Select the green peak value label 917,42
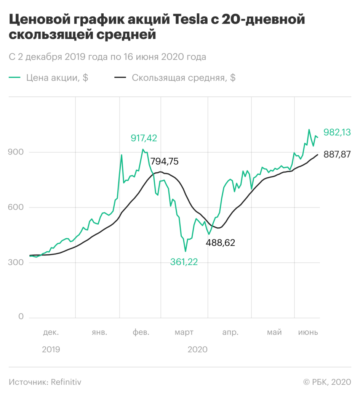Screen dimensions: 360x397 [x=144, y=138]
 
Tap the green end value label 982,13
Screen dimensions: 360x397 [x=337, y=132]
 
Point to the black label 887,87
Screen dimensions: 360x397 [x=337, y=154]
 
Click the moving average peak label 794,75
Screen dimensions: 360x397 [x=165, y=161]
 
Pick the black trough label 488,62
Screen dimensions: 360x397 [x=220, y=243]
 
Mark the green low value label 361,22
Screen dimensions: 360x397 [x=184, y=262]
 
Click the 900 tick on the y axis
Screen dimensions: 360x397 [x=16, y=152]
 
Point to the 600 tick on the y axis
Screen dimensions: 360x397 [x=16, y=207]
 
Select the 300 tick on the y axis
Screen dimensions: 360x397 [x=16, y=262]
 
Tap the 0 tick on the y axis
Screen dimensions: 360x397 [x=21, y=316]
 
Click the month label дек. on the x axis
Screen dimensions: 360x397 [x=51, y=332]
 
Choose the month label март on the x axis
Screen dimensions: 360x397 [x=184, y=333]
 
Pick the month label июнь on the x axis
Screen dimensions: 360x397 [x=308, y=332]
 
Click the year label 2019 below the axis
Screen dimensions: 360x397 [x=51, y=349]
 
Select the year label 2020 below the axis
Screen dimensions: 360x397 [x=197, y=349]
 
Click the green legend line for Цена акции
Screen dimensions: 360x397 [x=14, y=77]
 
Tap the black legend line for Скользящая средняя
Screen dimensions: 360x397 [x=120, y=77]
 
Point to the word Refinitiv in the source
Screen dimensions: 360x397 [x=66, y=382]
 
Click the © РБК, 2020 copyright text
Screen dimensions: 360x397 [x=327, y=382]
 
